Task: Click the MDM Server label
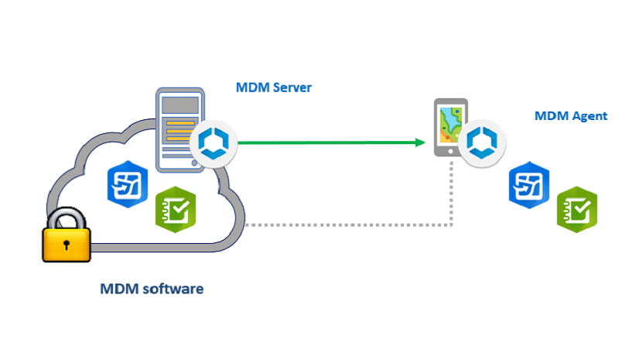pos(273,87)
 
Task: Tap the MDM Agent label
pos(570,116)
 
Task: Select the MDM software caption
pos(152,290)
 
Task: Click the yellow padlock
pos(67,238)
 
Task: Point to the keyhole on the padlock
pos(67,245)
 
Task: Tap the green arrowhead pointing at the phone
pos(421,142)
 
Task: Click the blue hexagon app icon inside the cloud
pos(128,185)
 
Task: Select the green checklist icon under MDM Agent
pos(577,208)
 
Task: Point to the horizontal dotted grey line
pos(348,225)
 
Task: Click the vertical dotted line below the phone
pos(451,194)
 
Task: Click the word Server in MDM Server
pos(292,87)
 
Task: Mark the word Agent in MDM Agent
pos(589,116)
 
